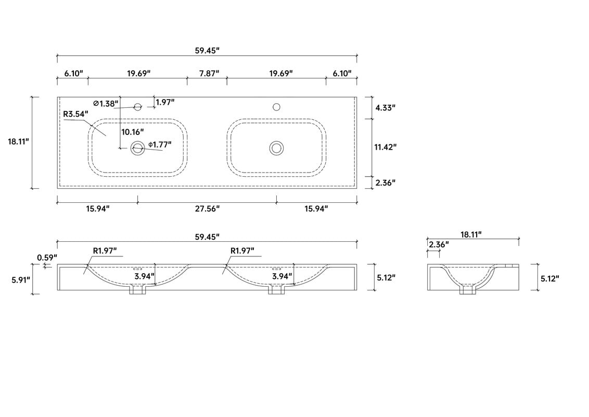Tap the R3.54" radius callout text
click(x=75, y=114)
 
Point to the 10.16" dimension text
click(x=133, y=132)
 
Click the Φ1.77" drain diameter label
click(x=160, y=144)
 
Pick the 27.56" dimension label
click(x=207, y=208)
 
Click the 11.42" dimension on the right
click(x=386, y=147)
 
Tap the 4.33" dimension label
click(x=386, y=107)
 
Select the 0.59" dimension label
click(x=47, y=258)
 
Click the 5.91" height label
click(x=20, y=280)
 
